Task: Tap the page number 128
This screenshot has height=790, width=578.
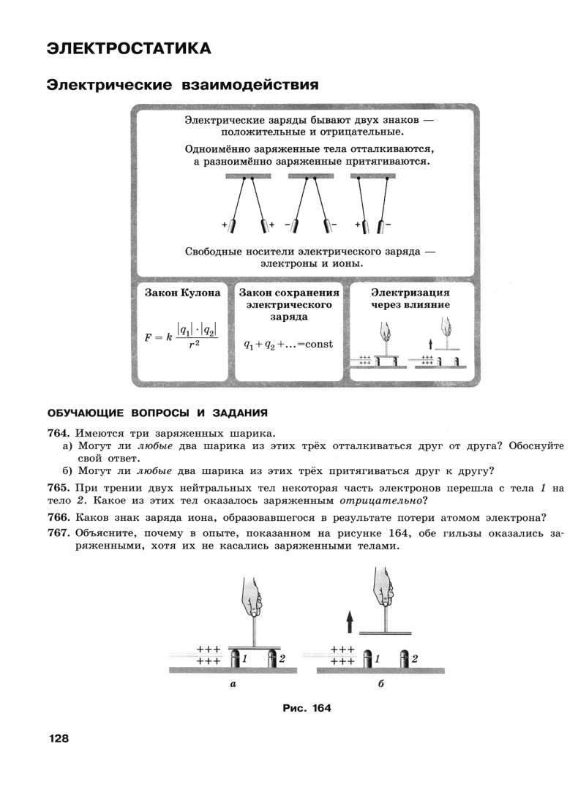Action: (58, 738)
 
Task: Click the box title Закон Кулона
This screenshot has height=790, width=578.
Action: (182, 293)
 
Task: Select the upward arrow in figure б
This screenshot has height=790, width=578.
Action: (350, 622)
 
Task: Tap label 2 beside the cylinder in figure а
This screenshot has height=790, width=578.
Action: (282, 658)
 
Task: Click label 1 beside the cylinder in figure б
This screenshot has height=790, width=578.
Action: (377, 658)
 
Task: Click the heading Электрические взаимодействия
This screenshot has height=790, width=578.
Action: (182, 84)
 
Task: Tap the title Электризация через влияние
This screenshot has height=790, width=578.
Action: (410, 298)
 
